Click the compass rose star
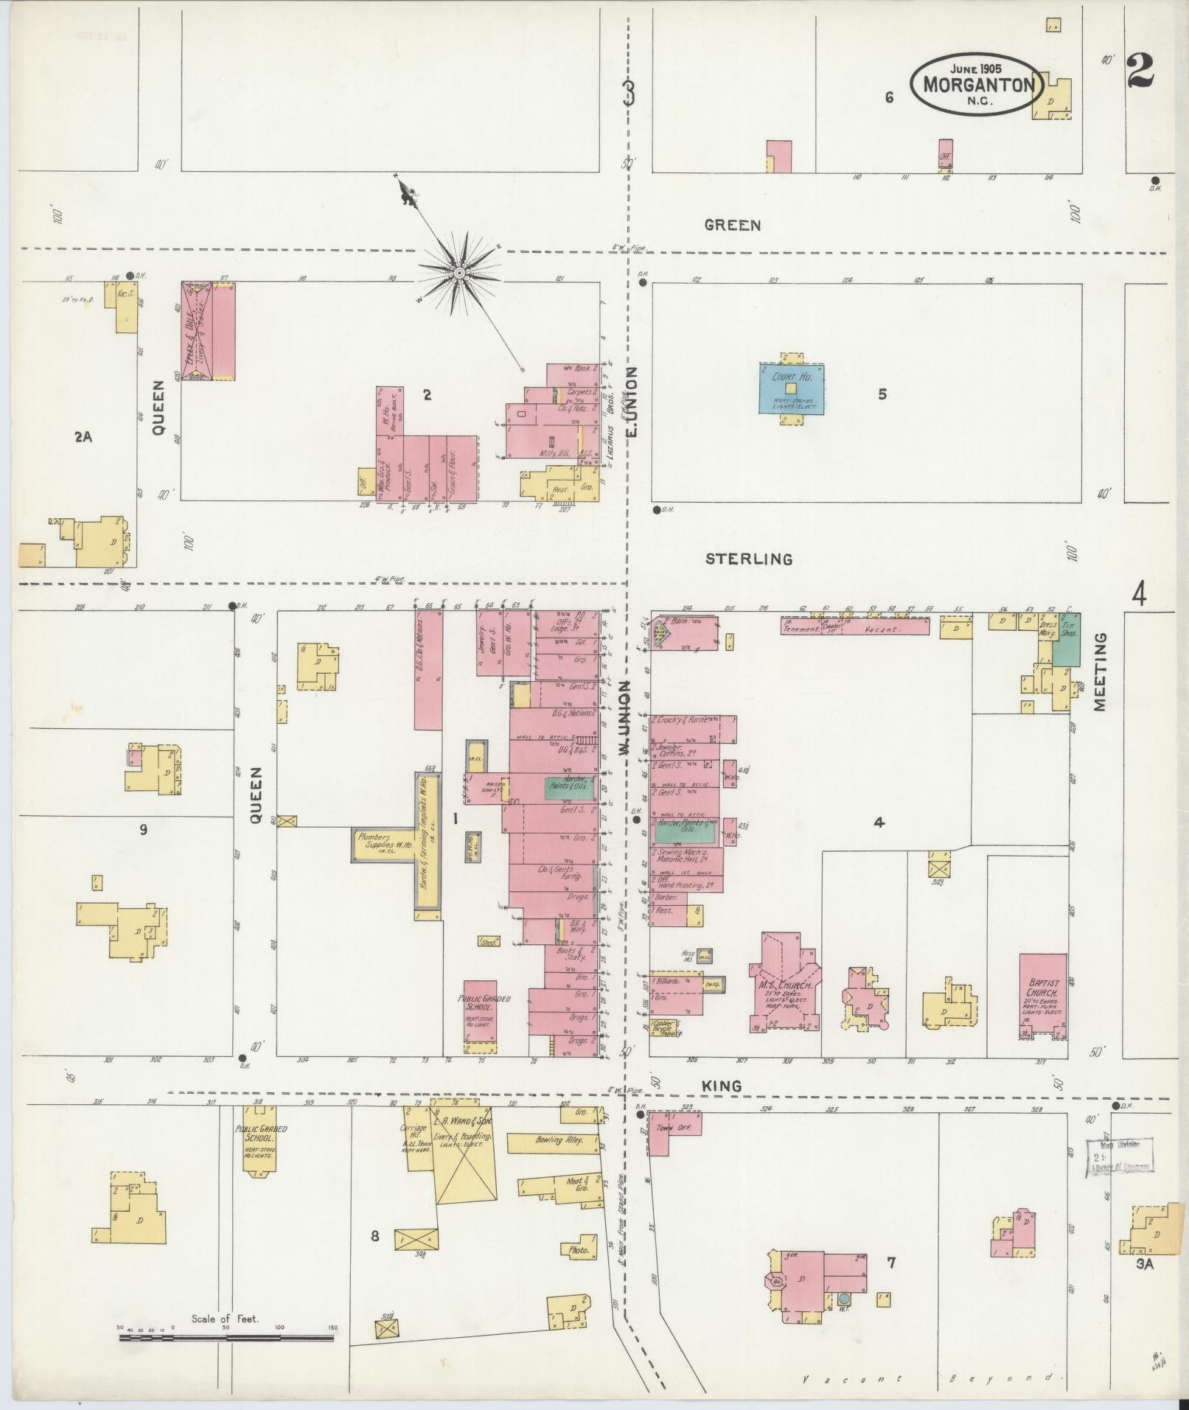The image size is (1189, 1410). pyautogui.click(x=458, y=273)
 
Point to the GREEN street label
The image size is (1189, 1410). pyautogui.click(x=732, y=226)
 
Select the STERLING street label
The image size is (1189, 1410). pyautogui.click(x=749, y=559)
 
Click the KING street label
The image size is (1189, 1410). pyautogui.click(x=722, y=1086)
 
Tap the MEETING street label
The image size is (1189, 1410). pyautogui.click(x=1101, y=671)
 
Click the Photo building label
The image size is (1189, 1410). pyautogui.click(x=579, y=1250)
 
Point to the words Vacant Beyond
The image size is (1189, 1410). pyautogui.click(x=932, y=1378)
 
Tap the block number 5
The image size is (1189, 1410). pyautogui.click(x=882, y=394)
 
